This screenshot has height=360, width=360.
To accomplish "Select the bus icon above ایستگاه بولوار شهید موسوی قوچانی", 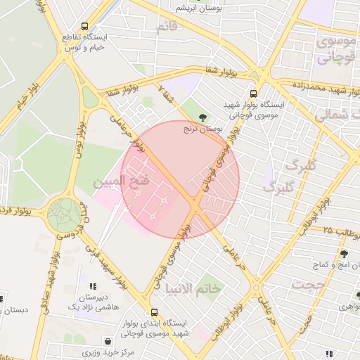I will point(253,93).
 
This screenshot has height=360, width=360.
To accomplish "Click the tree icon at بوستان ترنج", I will point(204,117).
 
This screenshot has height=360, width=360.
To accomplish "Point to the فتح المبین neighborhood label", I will point(121,181).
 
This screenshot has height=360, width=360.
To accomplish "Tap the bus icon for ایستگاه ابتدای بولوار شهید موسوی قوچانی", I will point(153,312).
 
